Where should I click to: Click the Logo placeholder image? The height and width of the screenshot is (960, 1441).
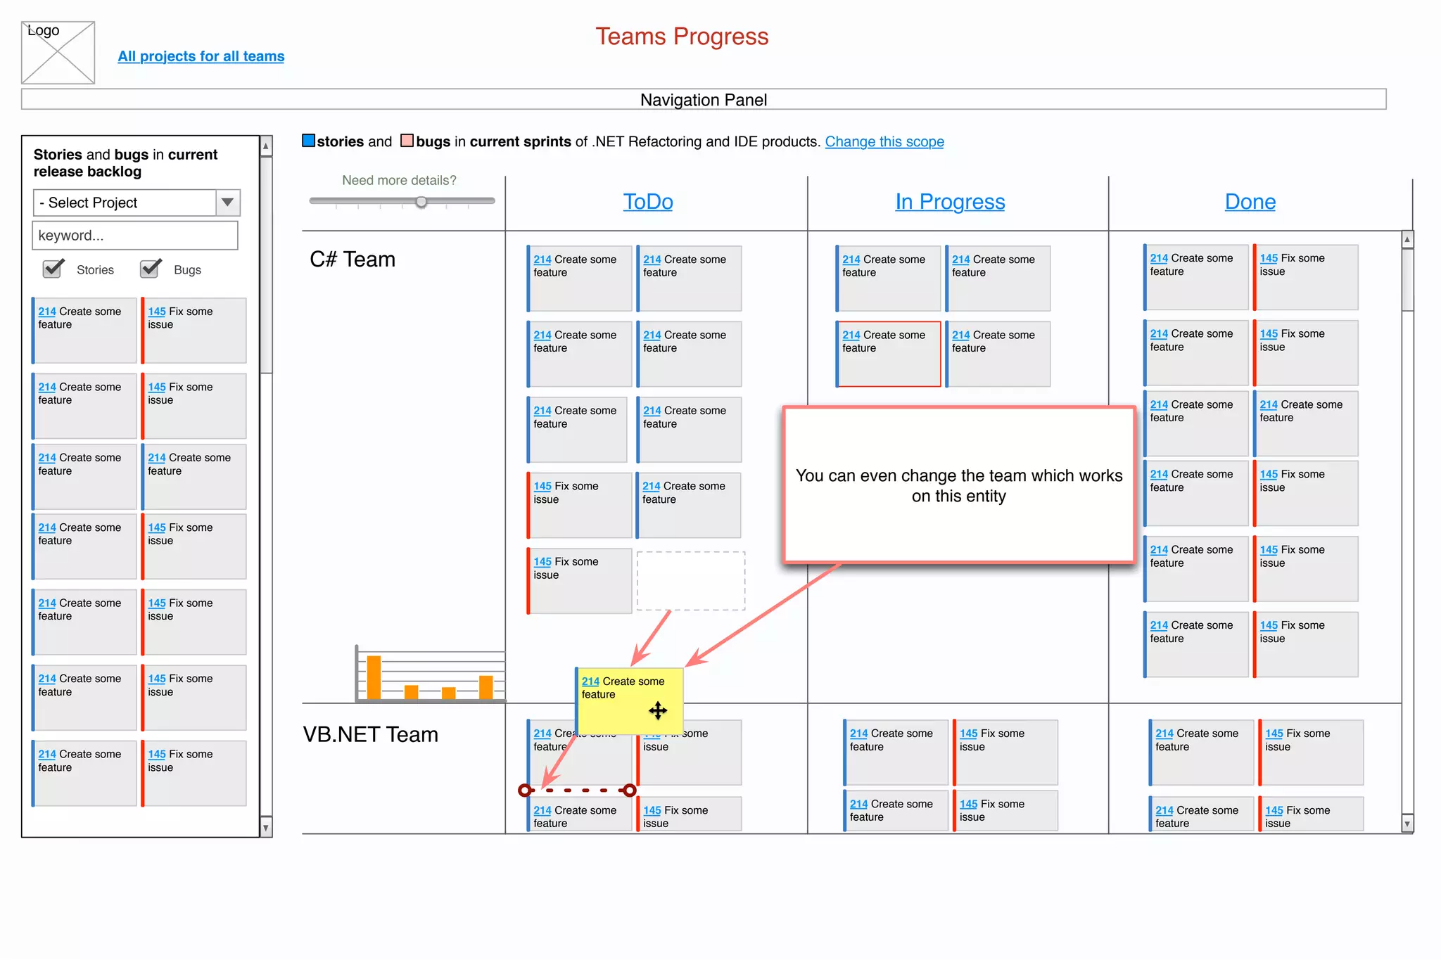coord(58,53)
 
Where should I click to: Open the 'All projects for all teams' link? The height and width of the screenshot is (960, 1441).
coord(201,56)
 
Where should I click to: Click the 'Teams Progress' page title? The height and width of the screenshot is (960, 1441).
coord(681,37)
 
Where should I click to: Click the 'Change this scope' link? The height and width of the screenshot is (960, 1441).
coord(884,141)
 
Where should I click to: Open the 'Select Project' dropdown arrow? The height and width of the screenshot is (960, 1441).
coord(227,203)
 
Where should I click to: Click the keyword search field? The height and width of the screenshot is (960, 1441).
coord(135,236)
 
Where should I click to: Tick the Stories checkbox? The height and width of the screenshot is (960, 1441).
coord(53,269)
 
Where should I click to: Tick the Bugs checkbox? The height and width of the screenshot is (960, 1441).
coord(150,269)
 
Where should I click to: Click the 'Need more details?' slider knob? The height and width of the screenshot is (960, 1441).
coord(421,202)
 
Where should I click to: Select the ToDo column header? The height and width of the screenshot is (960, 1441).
coord(647,202)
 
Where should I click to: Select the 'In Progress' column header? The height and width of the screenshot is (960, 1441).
coord(949,202)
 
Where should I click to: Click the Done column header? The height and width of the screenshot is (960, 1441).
coord(1250,202)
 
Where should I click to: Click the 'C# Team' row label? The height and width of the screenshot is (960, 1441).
coord(353,260)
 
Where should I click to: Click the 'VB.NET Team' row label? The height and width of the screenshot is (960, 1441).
coord(371,734)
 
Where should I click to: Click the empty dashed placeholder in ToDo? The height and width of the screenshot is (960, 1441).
coord(690,581)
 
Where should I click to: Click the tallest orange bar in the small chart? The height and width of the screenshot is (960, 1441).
coord(374,677)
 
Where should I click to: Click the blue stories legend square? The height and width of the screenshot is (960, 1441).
coord(308,141)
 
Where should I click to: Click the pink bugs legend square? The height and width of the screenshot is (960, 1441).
coord(407,141)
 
